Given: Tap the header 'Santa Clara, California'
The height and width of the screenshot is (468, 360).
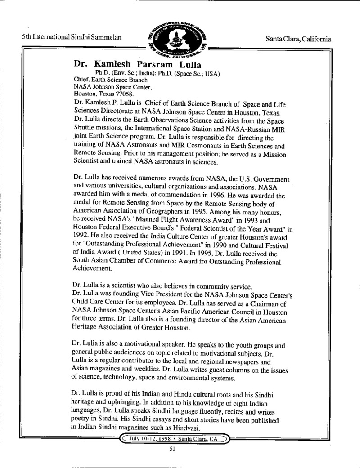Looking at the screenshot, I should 299,39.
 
